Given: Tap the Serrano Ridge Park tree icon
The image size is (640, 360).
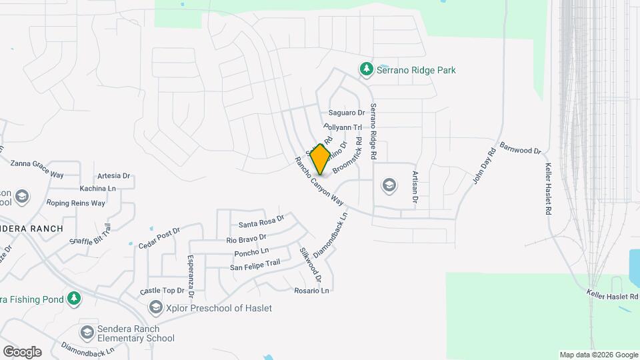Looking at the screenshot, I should pos(365,69).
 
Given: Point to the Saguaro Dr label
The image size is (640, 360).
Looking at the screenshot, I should pos(347,113).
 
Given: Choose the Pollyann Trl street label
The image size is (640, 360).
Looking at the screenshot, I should pos(342,127).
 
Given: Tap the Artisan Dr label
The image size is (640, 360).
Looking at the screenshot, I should pos(415,187).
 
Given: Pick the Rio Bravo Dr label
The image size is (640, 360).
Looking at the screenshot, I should pos(246,238).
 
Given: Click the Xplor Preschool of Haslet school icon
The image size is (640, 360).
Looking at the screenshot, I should pos(156,307).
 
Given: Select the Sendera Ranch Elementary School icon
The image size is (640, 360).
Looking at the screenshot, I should pos(87,333).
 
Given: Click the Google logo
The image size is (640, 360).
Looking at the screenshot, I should pos(22,352).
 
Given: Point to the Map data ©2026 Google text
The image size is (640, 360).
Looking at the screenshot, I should pos(599,355).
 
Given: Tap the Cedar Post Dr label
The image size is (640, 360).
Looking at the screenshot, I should pos(159,237).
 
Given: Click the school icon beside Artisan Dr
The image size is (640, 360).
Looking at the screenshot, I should pos(389,185).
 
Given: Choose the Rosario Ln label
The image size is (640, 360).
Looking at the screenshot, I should pos(311,291).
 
